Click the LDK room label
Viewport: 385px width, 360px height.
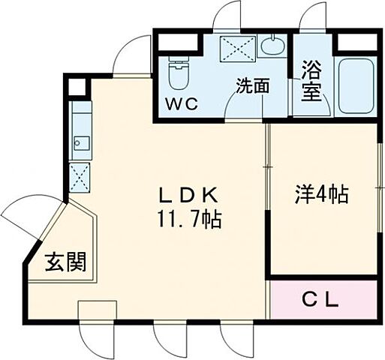(x=188, y=196)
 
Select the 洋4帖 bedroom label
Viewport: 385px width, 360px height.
(x=320, y=194)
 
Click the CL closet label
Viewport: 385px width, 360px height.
(x=320, y=300)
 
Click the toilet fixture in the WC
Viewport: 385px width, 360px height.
(x=179, y=74)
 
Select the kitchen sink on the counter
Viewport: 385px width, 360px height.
(x=80, y=142)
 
